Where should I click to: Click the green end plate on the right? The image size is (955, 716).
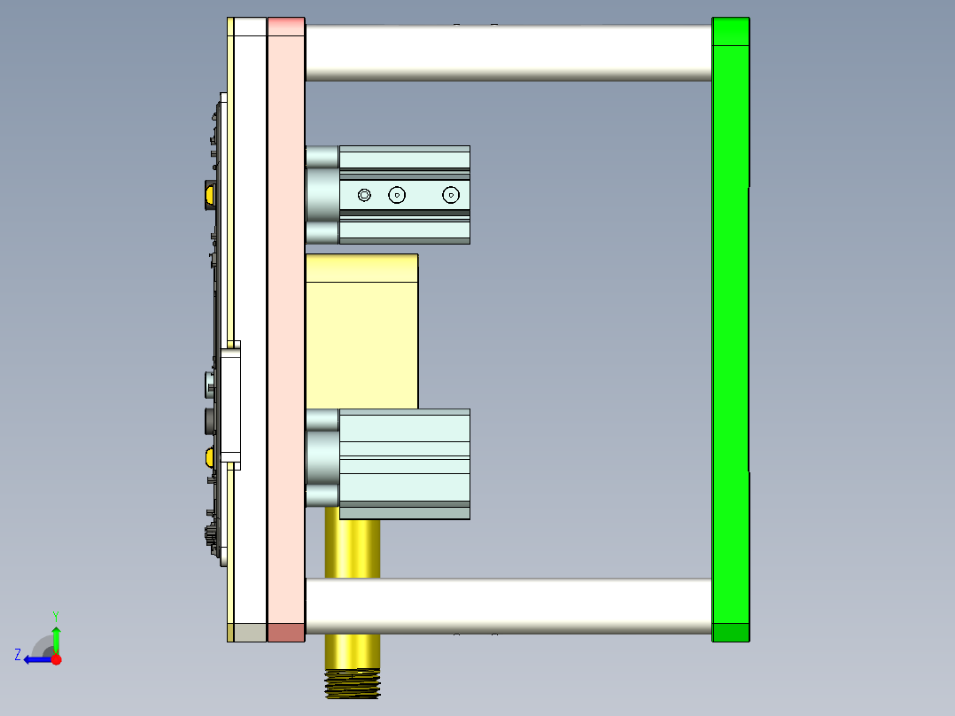[x=730, y=328]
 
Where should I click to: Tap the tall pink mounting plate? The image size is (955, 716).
[x=285, y=328]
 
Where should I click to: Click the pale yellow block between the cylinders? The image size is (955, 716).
[x=361, y=332]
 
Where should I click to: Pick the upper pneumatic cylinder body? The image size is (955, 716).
[x=404, y=194]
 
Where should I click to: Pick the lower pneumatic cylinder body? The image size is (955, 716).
[x=404, y=463]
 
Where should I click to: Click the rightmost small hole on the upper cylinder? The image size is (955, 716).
[x=452, y=194]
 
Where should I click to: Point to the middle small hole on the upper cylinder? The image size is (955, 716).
[x=397, y=194]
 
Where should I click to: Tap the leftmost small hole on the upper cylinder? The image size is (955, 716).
[x=365, y=194]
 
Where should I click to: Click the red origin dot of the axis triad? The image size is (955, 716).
[x=57, y=659]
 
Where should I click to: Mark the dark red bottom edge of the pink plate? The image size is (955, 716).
[x=285, y=632]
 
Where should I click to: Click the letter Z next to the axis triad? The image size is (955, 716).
[x=18, y=655]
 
